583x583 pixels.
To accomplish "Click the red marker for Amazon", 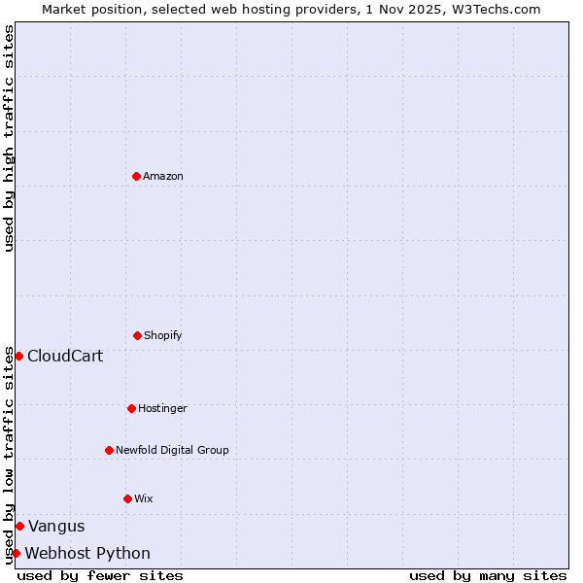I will [136, 176].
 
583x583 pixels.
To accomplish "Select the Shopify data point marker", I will [137, 335].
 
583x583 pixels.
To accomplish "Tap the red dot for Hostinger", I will [131, 408].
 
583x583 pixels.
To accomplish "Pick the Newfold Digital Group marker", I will [109, 450].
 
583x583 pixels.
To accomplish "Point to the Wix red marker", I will [127, 498].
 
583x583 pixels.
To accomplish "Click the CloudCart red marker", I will [18, 356].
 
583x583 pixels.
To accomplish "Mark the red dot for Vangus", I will [19, 526].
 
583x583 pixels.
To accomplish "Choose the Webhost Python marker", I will [16, 553].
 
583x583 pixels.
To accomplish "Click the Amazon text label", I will [163, 176].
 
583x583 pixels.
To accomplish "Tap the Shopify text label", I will [163, 335].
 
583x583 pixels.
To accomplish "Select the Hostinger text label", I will [162, 408].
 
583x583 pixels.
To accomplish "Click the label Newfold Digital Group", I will [172, 450].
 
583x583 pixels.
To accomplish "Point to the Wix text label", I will [144, 498].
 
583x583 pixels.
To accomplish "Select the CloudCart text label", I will [65, 356].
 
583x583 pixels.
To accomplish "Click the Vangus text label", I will [56, 526].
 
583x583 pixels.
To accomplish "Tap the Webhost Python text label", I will [87, 553].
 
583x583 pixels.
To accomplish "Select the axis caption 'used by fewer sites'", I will [100, 575].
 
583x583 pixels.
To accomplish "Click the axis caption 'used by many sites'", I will [488, 575].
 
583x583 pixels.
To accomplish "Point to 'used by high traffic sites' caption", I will [9, 138].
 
